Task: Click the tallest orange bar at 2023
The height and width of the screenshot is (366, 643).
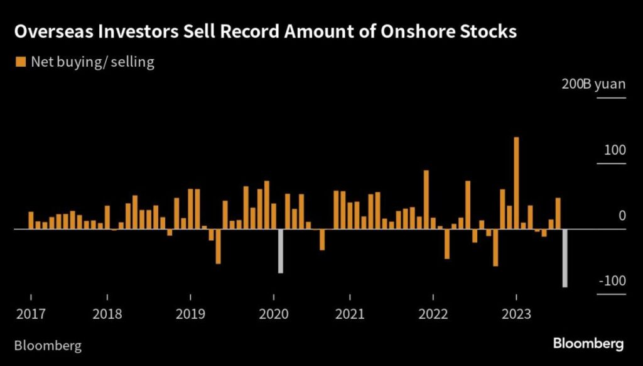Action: [x=516, y=182]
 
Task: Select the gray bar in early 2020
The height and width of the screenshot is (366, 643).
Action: [x=280, y=251]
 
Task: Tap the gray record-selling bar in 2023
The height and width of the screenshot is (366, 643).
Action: [x=565, y=258]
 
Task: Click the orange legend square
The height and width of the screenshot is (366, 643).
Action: [x=19, y=62]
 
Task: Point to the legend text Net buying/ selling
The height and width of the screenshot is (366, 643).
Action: [x=92, y=62]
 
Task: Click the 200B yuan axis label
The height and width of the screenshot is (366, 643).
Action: [x=593, y=84]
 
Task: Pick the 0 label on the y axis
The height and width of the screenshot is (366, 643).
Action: [x=622, y=216]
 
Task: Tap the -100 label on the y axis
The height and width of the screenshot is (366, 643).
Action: [x=612, y=280]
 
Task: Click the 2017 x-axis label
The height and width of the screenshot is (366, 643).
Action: [x=30, y=313]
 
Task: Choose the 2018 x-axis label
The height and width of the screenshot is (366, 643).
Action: [x=107, y=313]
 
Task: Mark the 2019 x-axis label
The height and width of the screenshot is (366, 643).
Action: [x=190, y=313]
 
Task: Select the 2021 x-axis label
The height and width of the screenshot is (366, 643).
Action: [x=350, y=313]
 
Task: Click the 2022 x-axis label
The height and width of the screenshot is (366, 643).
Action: [x=433, y=313]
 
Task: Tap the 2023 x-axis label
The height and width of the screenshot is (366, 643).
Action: [x=516, y=313]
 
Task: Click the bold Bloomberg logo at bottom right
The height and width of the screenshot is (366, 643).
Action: [x=588, y=343]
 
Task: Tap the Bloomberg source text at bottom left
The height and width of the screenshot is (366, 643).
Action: [x=48, y=345]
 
